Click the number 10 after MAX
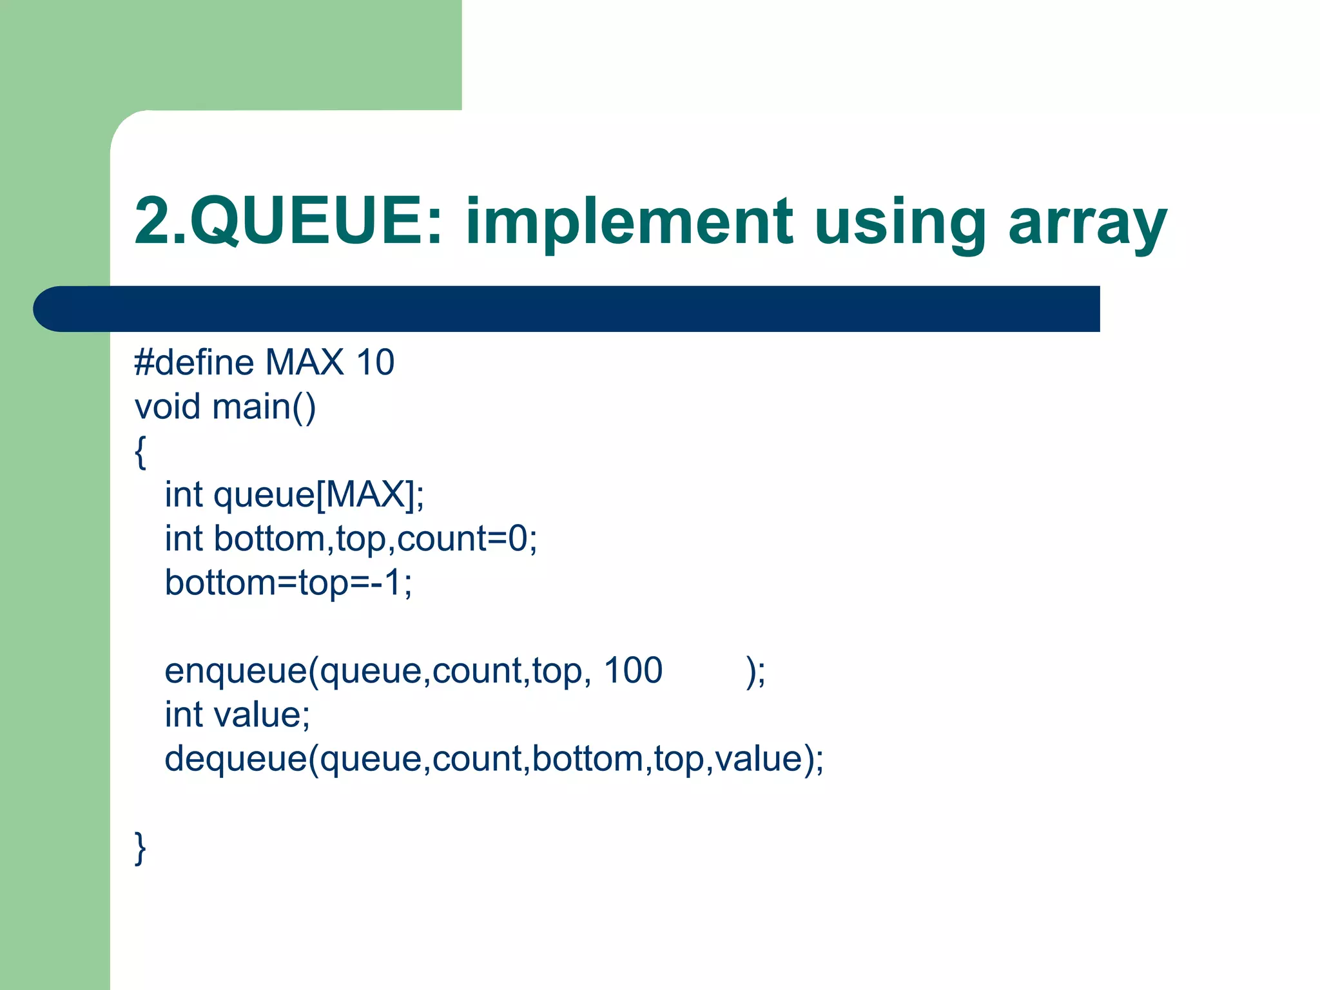click(x=375, y=362)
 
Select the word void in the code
click(x=167, y=407)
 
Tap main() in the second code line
click(x=264, y=407)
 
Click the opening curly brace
click(x=141, y=452)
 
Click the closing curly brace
click(x=141, y=848)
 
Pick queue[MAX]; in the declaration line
click(x=318, y=495)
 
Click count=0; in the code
click(x=467, y=539)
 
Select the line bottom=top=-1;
click(x=288, y=583)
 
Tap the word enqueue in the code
click(x=236, y=671)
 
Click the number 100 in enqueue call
click(x=633, y=670)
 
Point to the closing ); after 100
click(x=755, y=672)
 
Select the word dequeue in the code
click(x=236, y=759)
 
